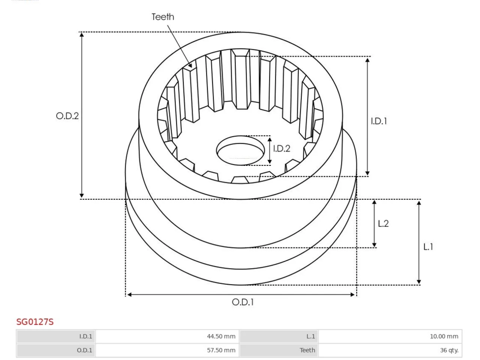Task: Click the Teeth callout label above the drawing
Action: [x=163, y=17]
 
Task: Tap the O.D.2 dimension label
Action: [x=67, y=116]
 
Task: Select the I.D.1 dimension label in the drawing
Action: [x=379, y=121]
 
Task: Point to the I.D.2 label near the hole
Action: [x=282, y=148]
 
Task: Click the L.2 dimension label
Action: [x=383, y=223]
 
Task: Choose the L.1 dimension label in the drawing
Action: [x=428, y=247]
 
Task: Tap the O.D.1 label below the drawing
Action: [x=243, y=302]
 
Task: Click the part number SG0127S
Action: [x=35, y=322]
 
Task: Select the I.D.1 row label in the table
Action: [x=86, y=336]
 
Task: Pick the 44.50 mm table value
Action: [x=221, y=336]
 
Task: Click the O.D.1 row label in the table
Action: [x=84, y=350]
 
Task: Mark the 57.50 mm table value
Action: [x=221, y=350]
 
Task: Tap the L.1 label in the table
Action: [x=310, y=336]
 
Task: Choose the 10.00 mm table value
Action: [x=444, y=336]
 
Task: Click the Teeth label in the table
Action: [x=307, y=350]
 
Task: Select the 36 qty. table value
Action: [x=449, y=350]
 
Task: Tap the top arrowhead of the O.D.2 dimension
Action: [x=82, y=34]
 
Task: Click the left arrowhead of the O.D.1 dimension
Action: [x=129, y=295]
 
